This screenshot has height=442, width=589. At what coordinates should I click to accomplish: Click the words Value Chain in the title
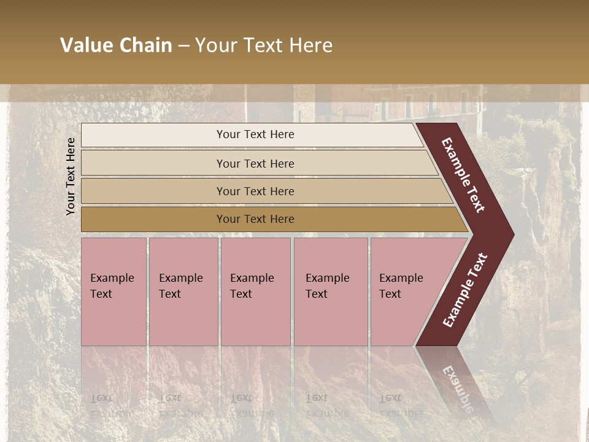[116, 45]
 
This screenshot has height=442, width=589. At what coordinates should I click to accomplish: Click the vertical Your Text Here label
[71, 176]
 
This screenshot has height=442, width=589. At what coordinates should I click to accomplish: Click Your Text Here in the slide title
[264, 45]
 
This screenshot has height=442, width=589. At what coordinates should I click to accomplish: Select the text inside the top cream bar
[255, 134]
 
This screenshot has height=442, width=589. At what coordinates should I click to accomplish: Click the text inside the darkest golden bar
[255, 219]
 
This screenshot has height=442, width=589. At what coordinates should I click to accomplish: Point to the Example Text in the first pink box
[112, 286]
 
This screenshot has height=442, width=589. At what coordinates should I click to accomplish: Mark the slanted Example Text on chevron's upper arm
[463, 175]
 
